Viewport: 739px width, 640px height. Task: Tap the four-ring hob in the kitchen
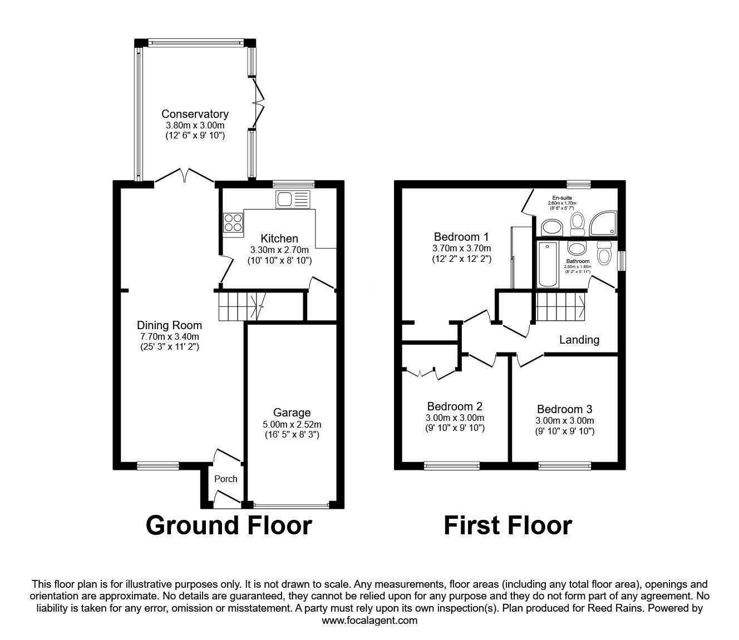[233, 222]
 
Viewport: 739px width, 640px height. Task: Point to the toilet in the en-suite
[577, 224]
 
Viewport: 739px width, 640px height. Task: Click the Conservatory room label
[195, 114]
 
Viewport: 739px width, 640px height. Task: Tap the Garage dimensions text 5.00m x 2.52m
[292, 424]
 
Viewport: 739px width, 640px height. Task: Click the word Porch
[226, 479]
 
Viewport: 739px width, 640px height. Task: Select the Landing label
[579, 339]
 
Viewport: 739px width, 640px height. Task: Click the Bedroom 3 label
[565, 409]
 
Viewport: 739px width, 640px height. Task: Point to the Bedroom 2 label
[455, 406]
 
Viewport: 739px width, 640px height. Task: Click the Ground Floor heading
[229, 525]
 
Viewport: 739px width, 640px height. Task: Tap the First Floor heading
[508, 525]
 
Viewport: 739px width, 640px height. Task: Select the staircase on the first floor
[560, 307]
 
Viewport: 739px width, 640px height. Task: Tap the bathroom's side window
[621, 261]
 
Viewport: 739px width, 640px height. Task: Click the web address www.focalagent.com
[369, 621]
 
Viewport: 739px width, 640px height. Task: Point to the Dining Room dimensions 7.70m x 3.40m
[170, 336]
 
